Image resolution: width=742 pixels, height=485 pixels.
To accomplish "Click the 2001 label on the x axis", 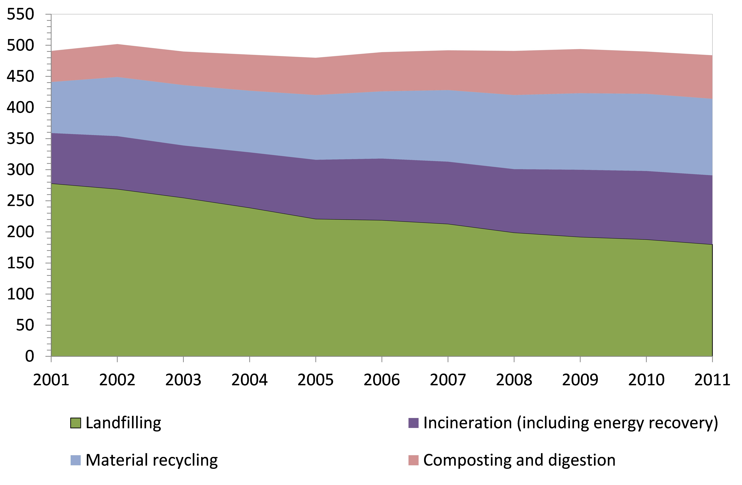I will (51, 380).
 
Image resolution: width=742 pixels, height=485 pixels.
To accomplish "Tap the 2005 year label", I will (316, 380).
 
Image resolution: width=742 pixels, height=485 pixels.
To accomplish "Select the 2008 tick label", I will (514, 380).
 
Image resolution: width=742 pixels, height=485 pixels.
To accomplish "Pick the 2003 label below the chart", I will (183, 380).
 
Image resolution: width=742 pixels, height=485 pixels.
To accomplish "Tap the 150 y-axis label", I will (20, 263).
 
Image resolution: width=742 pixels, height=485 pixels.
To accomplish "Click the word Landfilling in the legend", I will (123, 423).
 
